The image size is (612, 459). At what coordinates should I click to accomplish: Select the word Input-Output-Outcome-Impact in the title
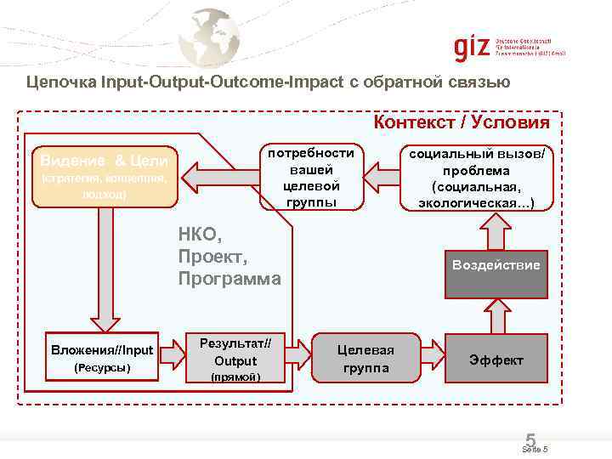pyautogui.click(x=222, y=82)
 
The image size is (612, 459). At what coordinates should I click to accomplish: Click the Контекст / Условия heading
pyautogui.click(x=462, y=122)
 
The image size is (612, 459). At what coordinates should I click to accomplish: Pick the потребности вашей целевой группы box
pyautogui.click(x=311, y=177)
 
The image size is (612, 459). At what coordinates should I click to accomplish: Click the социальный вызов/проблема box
pyautogui.click(x=476, y=177)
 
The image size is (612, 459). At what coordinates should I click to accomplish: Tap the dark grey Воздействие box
pyautogui.click(x=496, y=265)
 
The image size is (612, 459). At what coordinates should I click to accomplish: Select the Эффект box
pyautogui.click(x=496, y=360)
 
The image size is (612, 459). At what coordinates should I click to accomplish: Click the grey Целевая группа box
pyautogui.click(x=365, y=359)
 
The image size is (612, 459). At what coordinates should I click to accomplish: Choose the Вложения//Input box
pyautogui.click(x=102, y=358)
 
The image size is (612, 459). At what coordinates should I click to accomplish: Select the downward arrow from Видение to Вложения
pyautogui.click(x=105, y=269)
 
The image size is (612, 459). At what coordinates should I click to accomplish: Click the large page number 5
pyautogui.click(x=530, y=439)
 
